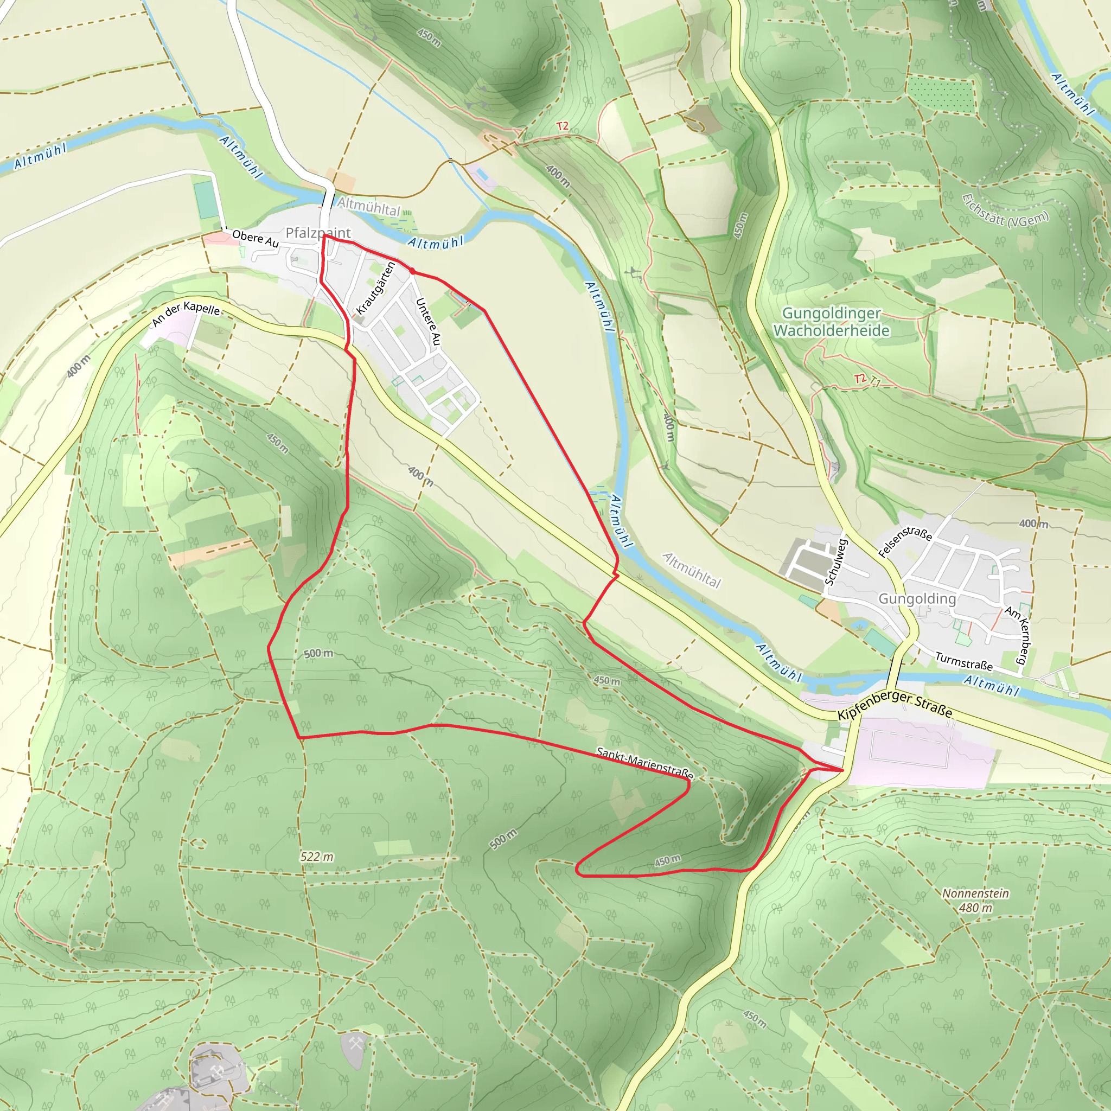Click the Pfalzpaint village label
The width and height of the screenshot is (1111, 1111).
pos(317,233)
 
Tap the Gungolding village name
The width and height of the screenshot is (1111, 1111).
pos(917,599)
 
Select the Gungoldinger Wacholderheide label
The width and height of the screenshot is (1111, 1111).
pos(831,322)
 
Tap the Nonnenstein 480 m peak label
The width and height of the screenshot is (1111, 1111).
pos(975,901)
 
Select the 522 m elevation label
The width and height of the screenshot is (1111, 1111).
pos(317,857)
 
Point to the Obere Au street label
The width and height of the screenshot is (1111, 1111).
pos(256,238)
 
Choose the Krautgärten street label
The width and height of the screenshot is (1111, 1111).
pos(375,288)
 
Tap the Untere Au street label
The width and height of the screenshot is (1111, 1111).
pos(428,322)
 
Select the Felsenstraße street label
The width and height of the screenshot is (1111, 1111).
pos(905,541)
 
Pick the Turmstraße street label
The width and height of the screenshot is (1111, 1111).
pos(964,661)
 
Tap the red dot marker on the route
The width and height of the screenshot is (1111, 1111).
pos(412,270)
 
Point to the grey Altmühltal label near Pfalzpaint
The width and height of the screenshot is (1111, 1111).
pos(368,206)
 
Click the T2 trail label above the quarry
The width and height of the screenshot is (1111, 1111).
pos(562,125)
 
